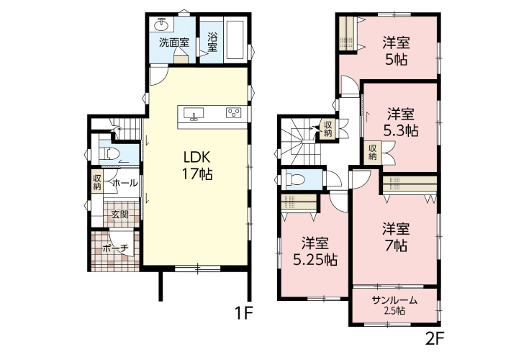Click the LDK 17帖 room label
(197, 166)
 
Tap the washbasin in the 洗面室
(163, 24)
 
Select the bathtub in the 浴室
(235, 40)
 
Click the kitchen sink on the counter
(194, 114)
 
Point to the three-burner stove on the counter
(233, 112)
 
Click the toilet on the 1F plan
(109, 153)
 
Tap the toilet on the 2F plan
(296, 179)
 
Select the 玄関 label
(120, 215)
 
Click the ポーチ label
(115, 249)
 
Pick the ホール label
(125, 183)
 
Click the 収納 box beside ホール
(97, 182)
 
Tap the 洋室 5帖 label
(396, 51)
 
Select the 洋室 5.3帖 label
(400, 122)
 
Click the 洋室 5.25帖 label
(315, 251)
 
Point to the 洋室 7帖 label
(396, 237)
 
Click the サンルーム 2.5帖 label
(394, 305)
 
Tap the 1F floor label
(243, 313)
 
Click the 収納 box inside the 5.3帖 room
(373, 152)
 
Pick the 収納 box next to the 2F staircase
(327, 129)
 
